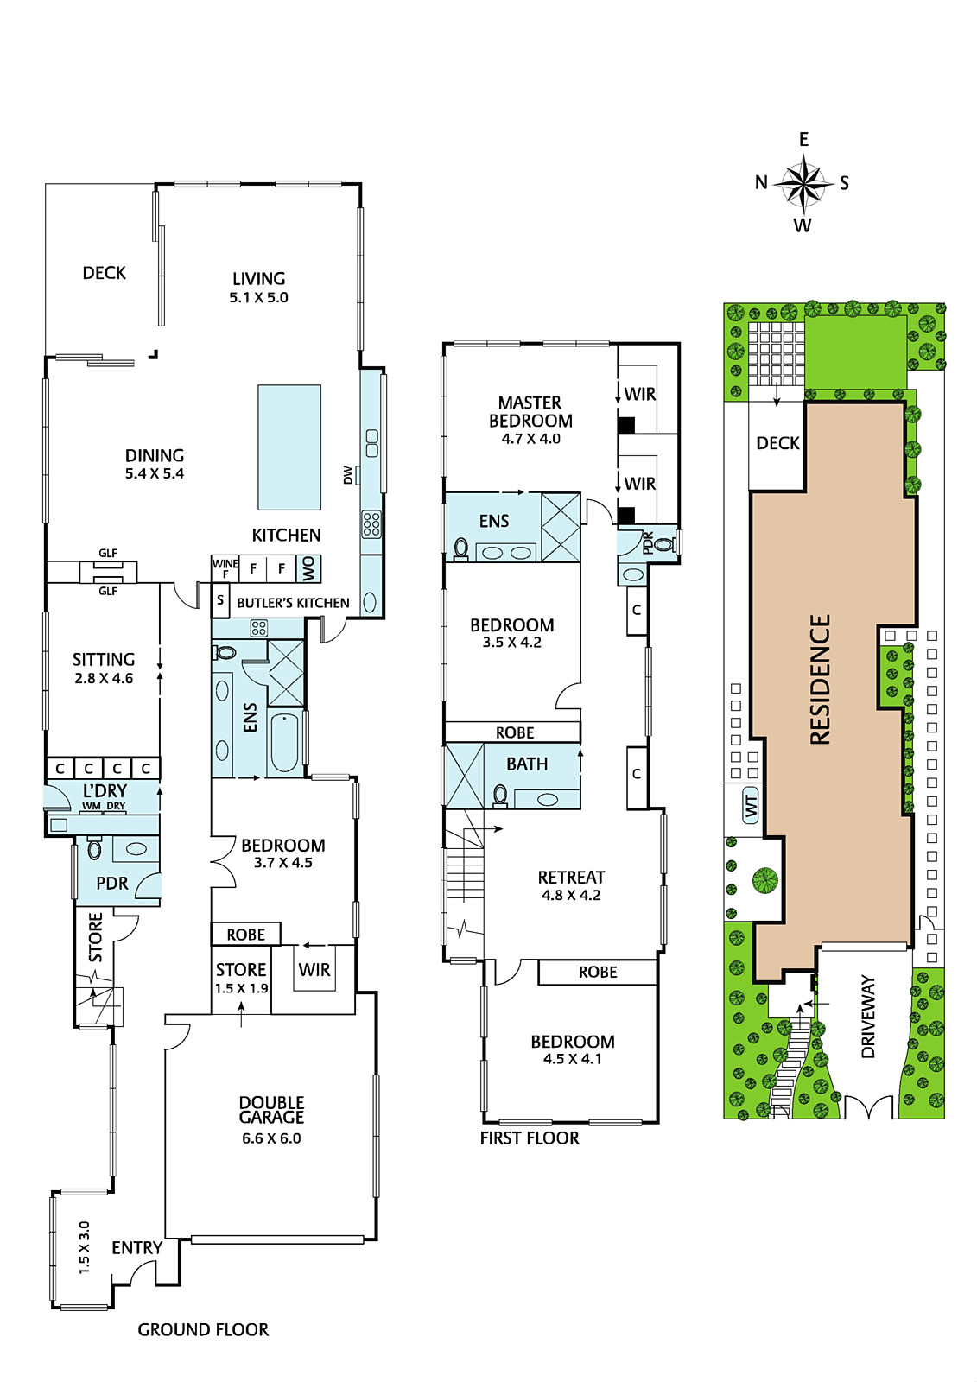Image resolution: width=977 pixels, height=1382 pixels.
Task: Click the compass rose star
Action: (803, 182)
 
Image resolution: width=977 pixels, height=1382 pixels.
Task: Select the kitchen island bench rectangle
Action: (289, 447)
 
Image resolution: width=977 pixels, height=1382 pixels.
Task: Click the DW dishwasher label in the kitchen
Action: (347, 475)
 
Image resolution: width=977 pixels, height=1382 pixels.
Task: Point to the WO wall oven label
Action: (308, 568)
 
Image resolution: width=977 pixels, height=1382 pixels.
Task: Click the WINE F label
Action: (225, 568)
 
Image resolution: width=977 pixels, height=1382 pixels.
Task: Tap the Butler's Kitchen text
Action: (293, 603)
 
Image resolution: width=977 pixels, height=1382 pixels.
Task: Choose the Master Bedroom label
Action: (530, 411)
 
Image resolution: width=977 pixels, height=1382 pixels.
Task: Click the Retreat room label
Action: (571, 877)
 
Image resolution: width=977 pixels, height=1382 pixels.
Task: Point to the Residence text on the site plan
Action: (820, 679)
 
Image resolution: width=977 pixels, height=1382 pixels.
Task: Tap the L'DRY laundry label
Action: (105, 790)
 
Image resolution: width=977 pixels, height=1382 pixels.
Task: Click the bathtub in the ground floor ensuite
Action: (284, 742)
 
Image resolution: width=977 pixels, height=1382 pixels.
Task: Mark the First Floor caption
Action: (530, 1138)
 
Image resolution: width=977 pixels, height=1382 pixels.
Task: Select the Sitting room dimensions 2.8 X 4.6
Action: (104, 678)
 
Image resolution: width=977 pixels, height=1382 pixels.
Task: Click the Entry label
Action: (137, 1247)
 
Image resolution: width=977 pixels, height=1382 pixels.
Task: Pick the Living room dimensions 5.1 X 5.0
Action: (258, 297)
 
